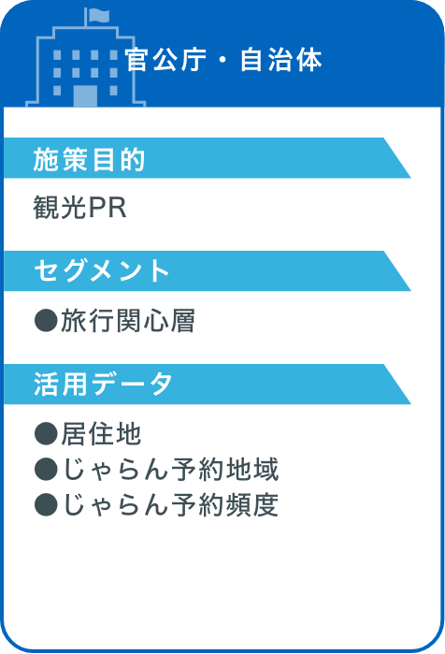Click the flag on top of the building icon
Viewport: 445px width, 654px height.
coord(98,15)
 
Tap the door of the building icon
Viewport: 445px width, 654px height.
coord(85,96)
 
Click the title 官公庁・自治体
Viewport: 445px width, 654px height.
coord(223,60)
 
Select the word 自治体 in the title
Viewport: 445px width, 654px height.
coord(281,60)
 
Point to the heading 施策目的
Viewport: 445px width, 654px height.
coord(89,159)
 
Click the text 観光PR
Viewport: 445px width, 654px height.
coord(80,208)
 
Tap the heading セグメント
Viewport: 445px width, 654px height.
coord(102,270)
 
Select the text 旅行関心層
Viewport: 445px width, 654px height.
coord(128,321)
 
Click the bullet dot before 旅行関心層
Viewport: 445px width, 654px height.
coord(46,320)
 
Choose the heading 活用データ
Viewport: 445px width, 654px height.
coord(103,385)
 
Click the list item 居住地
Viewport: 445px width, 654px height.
coord(101,434)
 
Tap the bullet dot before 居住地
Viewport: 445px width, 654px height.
coord(46,433)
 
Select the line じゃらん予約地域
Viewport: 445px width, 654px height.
coord(170,470)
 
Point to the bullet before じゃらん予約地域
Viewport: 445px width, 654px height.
coord(46,469)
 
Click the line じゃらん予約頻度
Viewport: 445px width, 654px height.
coord(170,505)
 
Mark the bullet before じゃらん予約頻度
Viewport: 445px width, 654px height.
coord(46,504)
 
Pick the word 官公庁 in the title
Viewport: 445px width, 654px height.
coord(165,60)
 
